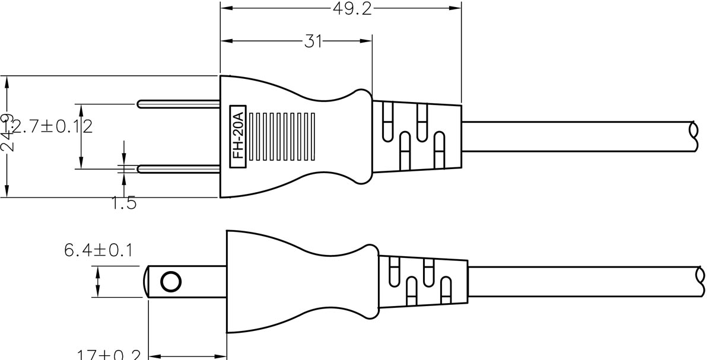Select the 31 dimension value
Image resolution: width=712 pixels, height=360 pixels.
(x=313, y=41)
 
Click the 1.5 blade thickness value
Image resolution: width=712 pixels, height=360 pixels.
(x=124, y=203)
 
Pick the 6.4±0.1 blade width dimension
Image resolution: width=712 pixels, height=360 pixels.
(x=98, y=250)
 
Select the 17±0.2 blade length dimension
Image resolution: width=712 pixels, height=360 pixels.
(x=109, y=355)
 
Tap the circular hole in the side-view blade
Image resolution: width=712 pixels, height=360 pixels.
(x=171, y=282)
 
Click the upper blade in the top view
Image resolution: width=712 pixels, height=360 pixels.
(x=178, y=104)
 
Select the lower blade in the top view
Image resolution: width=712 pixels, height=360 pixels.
(x=178, y=169)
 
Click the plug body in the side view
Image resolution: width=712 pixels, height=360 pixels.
(x=297, y=282)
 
